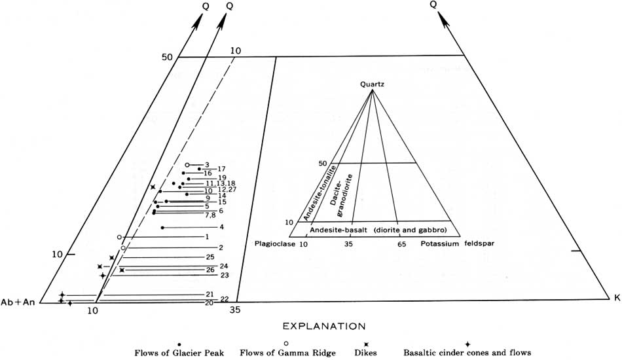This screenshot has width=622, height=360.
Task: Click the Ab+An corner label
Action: pyautogui.click(x=18, y=302)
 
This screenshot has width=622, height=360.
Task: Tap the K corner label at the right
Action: pyautogui.click(x=617, y=298)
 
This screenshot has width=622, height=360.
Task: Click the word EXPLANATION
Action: pyautogui.click(x=323, y=327)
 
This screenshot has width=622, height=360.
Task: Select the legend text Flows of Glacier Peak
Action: pyautogui.click(x=179, y=353)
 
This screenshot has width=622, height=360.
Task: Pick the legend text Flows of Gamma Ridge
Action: pyautogui.click(x=287, y=353)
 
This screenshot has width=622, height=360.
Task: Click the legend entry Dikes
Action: pyautogui.click(x=367, y=352)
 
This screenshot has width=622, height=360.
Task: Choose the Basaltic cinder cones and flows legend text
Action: pyautogui.click(x=467, y=352)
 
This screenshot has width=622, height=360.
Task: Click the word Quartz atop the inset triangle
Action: pyautogui.click(x=372, y=84)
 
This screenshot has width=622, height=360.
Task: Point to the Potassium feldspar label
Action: pyautogui.click(x=458, y=243)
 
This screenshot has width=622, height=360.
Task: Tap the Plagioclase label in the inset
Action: pyautogui.click(x=275, y=244)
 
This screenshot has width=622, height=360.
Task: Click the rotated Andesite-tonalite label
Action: pyautogui.click(x=320, y=193)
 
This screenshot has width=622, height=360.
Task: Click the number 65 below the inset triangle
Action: pyautogui.click(x=402, y=244)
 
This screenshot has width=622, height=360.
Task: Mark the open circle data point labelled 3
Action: pyautogui.click(x=188, y=164)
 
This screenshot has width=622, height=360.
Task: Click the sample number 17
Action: pyautogui.click(x=221, y=169)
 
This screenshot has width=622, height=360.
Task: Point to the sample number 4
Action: pyautogui.click(x=222, y=227)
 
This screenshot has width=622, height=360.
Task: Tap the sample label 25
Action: pyautogui.click(x=210, y=257)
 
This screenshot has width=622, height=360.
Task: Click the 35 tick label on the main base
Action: pyautogui.click(x=235, y=310)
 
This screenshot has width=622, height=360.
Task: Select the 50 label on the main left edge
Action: pyautogui.click(x=167, y=57)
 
